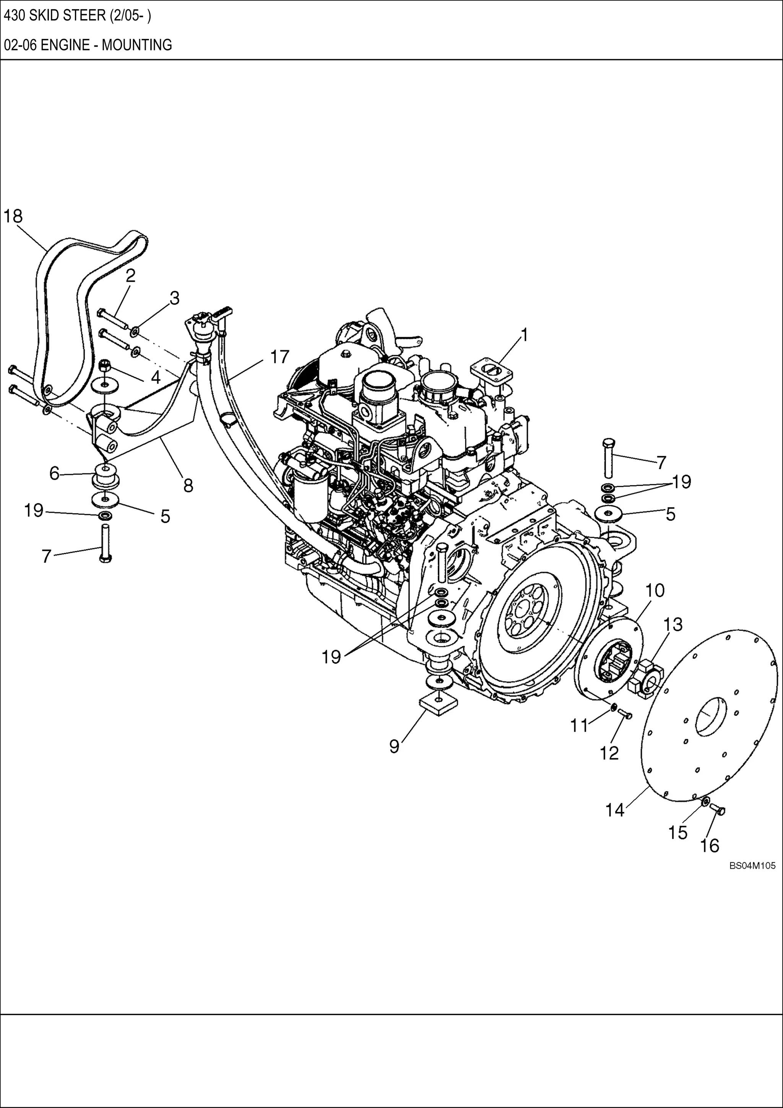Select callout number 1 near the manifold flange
pos(525,335)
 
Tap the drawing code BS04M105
pos(752,866)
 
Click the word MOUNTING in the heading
pos(136,45)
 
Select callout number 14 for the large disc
pos(615,810)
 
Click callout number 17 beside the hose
pos(279,357)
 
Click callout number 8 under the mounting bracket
pos(188,485)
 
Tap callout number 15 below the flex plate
pos(677,832)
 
